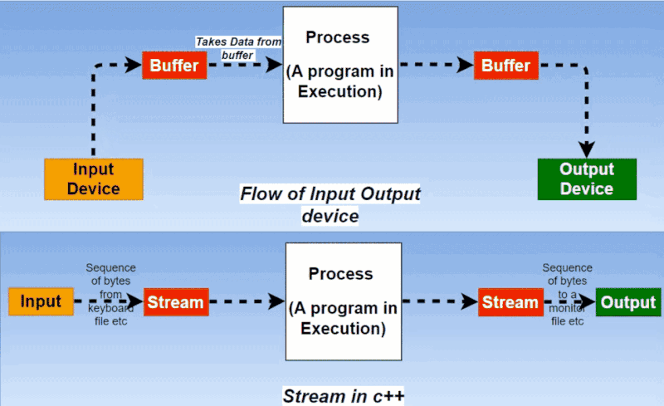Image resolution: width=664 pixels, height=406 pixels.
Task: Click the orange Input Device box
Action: (93, 179)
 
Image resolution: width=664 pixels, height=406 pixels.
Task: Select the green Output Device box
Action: (587, 179)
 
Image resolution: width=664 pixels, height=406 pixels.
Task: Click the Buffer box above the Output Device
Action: (505, 66)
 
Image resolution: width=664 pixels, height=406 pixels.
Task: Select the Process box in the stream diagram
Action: (344, 302)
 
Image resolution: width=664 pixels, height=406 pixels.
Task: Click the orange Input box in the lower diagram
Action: (41, 302)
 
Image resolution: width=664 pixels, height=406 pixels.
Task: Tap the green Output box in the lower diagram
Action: (628, 302)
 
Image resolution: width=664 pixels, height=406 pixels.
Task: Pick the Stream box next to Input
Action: (176, 302)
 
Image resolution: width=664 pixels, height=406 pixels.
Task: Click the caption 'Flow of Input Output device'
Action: (330, 204)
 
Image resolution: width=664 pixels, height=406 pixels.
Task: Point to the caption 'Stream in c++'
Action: (344, 395)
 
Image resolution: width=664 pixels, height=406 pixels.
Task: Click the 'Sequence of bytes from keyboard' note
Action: (111, 295)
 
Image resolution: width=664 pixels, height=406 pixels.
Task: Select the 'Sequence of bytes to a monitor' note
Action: (567, 294)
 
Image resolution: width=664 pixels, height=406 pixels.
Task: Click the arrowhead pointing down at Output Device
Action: (587, 149)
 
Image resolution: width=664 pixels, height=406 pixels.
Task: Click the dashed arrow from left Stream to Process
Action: (246, 302)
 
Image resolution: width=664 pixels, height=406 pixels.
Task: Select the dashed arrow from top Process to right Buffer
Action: (435, 66)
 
